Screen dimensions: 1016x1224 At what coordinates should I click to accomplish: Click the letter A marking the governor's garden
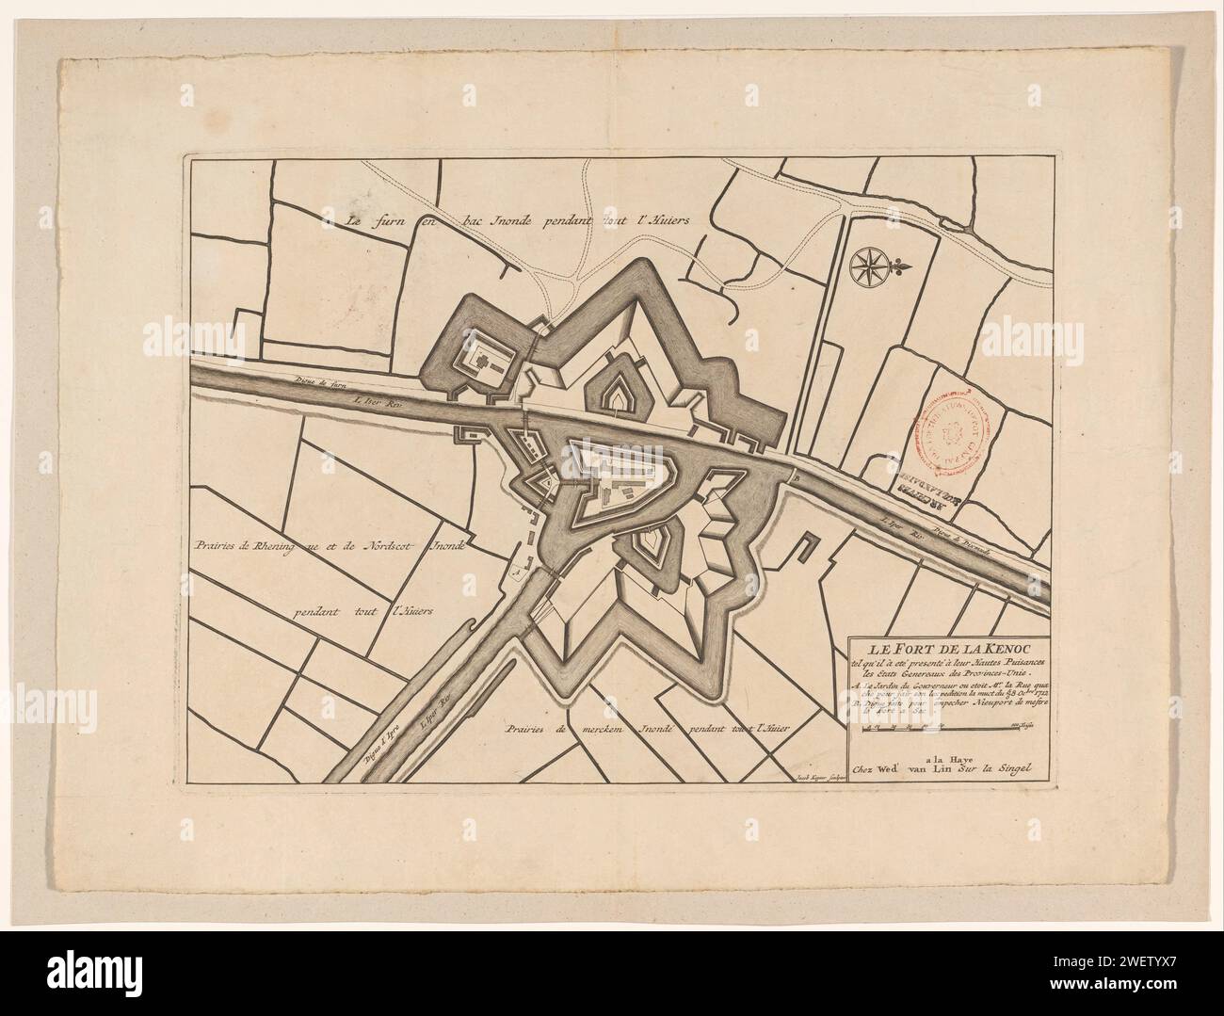point(515,569)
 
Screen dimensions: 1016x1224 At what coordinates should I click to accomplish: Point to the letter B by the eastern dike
point(796,476)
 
